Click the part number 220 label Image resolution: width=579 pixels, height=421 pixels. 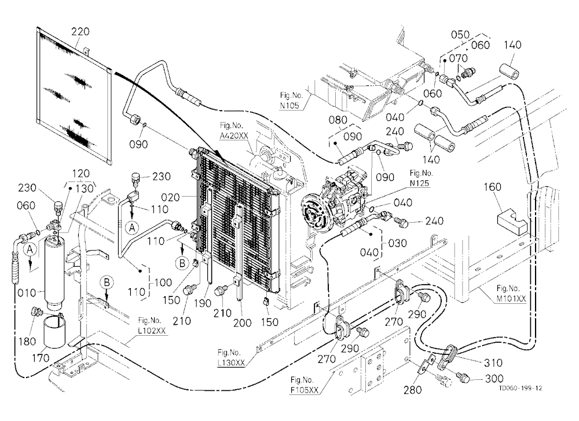80,31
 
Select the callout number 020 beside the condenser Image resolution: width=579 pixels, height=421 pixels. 170,198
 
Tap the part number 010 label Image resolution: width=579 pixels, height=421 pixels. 27,293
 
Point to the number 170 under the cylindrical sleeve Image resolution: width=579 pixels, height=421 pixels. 41,358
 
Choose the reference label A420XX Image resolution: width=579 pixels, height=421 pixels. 234,136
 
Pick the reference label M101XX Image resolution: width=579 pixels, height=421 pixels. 511,299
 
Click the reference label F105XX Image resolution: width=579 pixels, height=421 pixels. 305,390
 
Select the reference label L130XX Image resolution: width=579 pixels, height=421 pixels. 231,363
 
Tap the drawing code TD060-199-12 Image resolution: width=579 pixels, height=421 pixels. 521,388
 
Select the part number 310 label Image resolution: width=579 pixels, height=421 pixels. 493,363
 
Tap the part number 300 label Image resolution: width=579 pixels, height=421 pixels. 494,379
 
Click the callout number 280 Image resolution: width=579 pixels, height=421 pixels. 412,390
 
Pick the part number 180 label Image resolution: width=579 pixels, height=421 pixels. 27,342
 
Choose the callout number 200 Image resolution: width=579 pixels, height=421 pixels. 242,323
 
